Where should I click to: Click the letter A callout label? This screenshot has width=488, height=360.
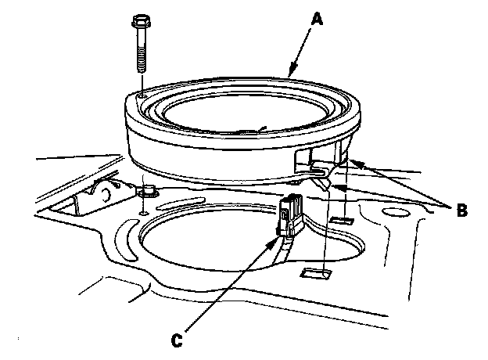(318, 19)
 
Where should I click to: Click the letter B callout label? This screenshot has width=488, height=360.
(462, 211)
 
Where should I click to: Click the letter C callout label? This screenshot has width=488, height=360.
(177, 340)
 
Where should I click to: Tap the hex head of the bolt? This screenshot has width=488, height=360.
(140, 21)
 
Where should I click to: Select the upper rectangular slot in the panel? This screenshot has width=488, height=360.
(342, 221)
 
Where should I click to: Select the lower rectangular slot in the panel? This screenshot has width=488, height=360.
(316, 273)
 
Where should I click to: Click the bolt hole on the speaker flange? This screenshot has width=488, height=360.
(142, 97)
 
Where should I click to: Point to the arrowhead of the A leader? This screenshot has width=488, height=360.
(292, 69)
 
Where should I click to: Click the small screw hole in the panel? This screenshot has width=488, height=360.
(143, 214)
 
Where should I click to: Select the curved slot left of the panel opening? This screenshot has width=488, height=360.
(126, 239)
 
